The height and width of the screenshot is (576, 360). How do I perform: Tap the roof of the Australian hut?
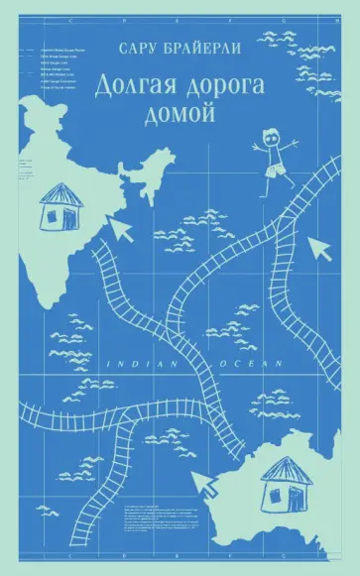pos(286,468)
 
